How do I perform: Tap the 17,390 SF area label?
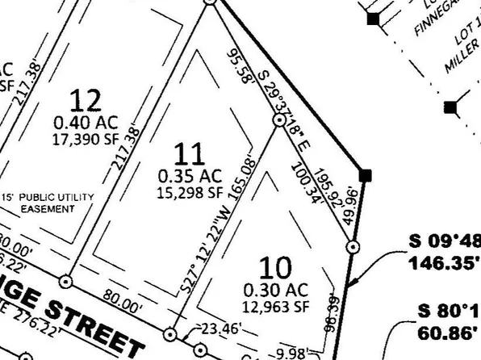coord(86,139)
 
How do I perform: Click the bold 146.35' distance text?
coord(445,263)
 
